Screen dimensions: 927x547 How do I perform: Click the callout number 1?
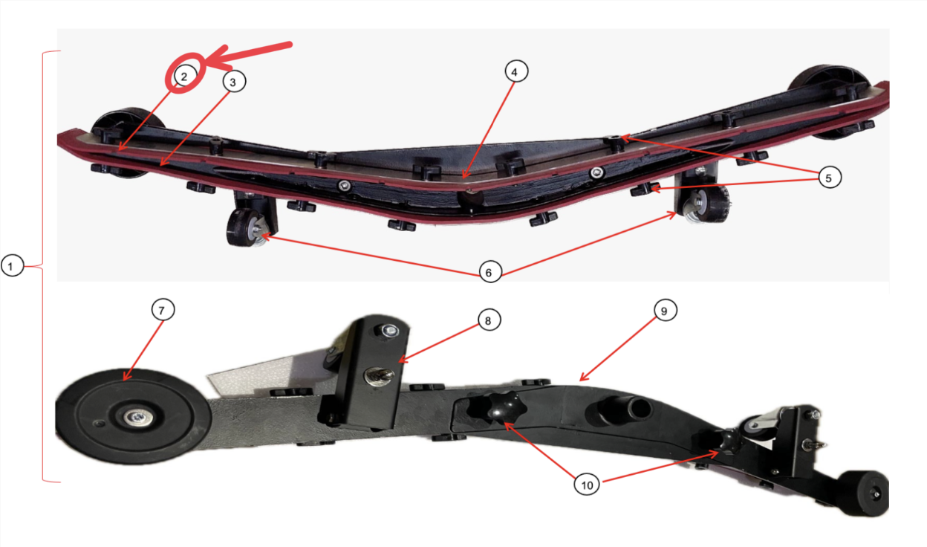pyautogui.click(x=12, y=265)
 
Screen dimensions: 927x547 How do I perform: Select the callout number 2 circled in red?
pyautogui.click(x=184, y=77)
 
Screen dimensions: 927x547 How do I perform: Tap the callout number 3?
pyautogui.click(x=234, y=82)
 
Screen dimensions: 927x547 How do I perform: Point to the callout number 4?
pyautogui.click(x=516, y=71)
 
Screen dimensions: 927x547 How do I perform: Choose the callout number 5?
pyautogui.click(x=830, y=177)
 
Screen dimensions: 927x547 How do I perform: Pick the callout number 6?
pyautogui.click(x=489, y=271)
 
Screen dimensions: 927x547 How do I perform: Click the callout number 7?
pyautogui.click(x=163, y=309)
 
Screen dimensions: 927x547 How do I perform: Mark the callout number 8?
pyautogui.click(x=489, y=320)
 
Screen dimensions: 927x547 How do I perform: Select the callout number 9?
pyautogui.click(x=665, y=310)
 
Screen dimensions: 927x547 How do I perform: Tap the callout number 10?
pyautogui.click(x=587, y=484)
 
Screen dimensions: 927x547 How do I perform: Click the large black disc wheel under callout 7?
pyautogui.click(x=133, y=415)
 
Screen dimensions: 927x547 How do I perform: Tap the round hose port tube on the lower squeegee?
pyautogui.click(x=621, y=411)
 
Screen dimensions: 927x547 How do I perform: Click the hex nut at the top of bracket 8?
pyautogui.click(x=388, y=331)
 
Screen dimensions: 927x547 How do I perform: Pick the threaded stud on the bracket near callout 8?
pyautogui.click(x=378, y=377)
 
